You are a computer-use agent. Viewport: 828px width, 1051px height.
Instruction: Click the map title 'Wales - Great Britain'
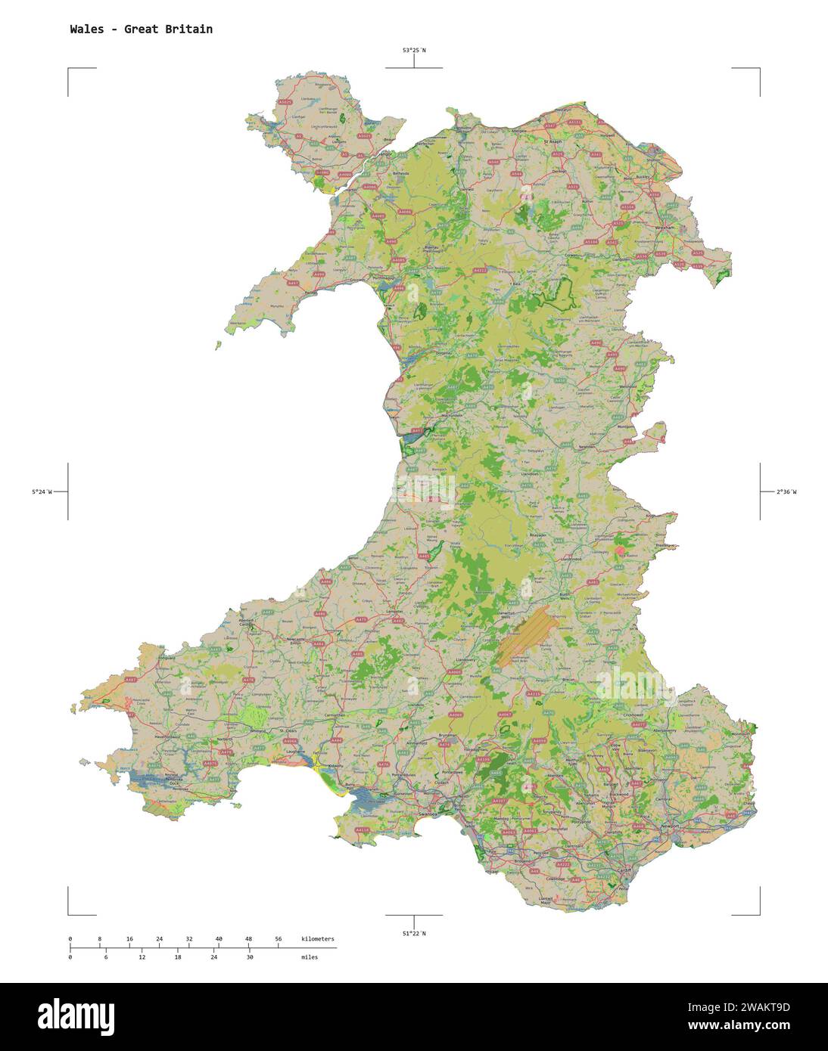141,29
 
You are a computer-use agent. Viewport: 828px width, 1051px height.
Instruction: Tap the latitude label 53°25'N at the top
413,51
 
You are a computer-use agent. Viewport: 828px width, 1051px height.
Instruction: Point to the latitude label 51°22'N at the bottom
413,933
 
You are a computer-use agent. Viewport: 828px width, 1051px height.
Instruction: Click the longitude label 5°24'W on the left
42,492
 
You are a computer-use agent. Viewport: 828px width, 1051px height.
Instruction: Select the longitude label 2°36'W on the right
786,492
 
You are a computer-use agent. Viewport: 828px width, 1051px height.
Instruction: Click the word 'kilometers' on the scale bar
317,939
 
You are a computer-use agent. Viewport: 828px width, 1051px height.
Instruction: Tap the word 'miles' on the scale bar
309,957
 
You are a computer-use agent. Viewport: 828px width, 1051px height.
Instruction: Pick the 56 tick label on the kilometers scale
278,939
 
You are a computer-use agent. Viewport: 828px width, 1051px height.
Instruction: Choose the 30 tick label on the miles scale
249,957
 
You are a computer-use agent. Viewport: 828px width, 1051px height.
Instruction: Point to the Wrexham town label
665,227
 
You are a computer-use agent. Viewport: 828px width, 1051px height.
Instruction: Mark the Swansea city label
428,815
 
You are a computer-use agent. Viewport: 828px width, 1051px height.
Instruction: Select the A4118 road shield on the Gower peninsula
363,830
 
